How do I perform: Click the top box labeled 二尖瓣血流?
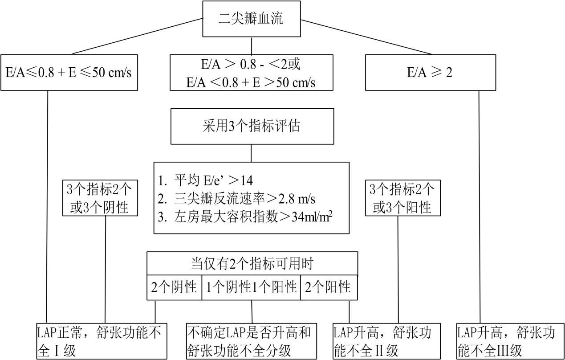coord(252,19)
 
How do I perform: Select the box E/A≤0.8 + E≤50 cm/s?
coord(69,73)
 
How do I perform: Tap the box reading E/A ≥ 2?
coord(430,73)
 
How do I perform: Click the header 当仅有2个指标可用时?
coord(252,263)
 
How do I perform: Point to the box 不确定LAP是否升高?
coord(252,341)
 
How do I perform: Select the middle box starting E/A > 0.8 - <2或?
coord(252,73)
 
